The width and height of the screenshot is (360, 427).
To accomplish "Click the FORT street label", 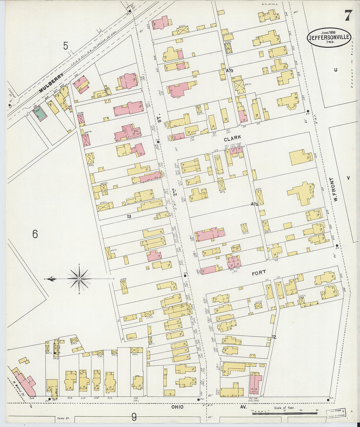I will [x=259, y=272].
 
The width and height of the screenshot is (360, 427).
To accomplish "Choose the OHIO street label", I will [x=176, y=407].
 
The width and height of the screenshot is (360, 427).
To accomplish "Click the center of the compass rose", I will [x=79, y=279].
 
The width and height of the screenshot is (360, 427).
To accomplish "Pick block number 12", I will [x=274, y=337].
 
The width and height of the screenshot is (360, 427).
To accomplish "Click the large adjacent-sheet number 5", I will [x=66, y=46].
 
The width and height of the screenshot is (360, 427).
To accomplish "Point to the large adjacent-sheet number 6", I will [x=35, y=234].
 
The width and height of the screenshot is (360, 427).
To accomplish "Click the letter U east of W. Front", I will [x=335, y=70].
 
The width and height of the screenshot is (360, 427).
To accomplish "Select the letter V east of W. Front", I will [x=348, y=178].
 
